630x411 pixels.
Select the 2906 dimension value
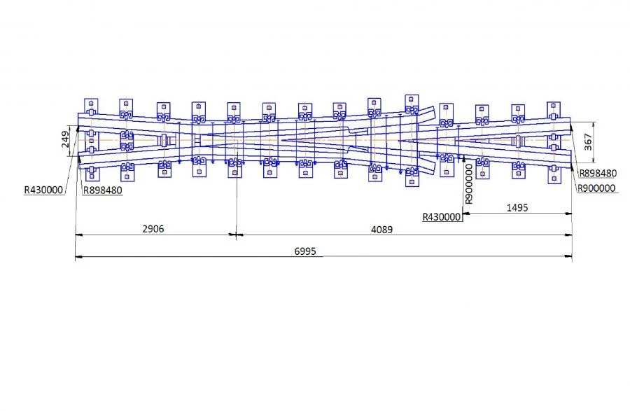click(154, 228)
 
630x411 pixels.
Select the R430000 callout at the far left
click(43, 190)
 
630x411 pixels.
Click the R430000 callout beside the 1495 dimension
click(442, 217)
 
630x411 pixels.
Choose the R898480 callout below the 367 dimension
click(598, 173)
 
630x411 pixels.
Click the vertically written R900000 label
click(469, 184)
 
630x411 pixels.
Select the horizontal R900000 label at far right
click(596, 188)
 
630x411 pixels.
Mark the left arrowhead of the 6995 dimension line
click(78, 258)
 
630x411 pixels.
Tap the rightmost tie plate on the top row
click(554, 111)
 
